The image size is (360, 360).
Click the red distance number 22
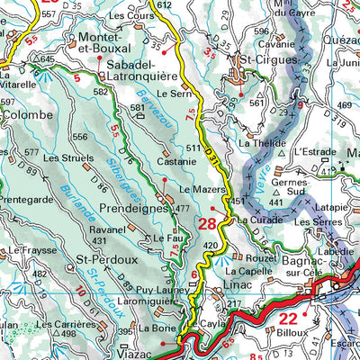pyautogui.click(x=288, y=319)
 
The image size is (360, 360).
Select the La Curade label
pyautogui.click(x=260, y=219)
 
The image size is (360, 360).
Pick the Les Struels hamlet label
pyautogui.click(x=63, y=157)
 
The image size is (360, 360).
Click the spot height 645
pyautogui.click(x=47, y=59)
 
